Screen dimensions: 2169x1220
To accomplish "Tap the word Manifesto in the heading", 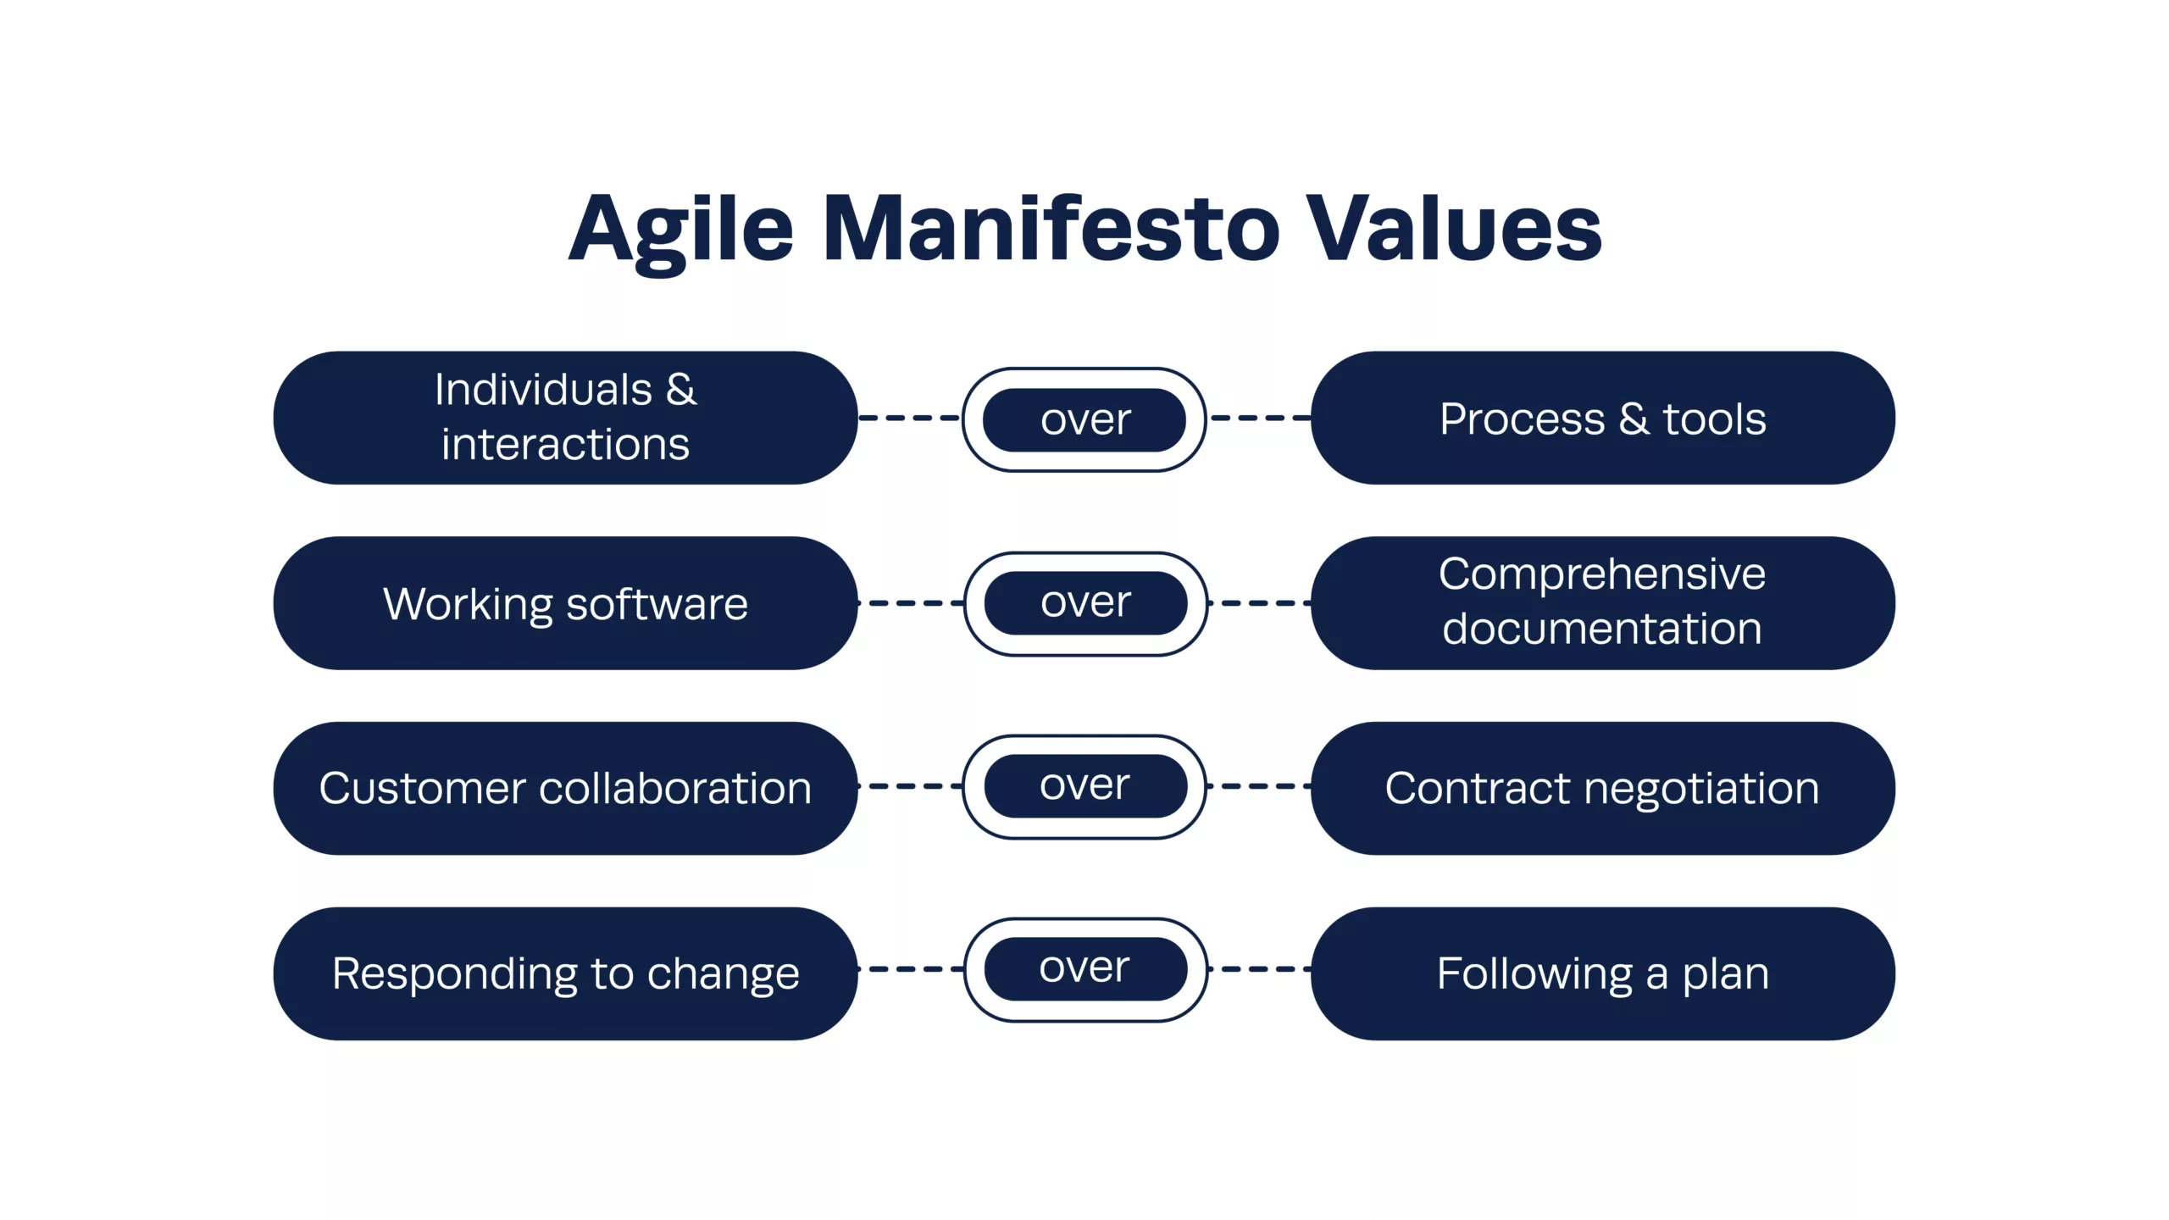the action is pos(1051,227).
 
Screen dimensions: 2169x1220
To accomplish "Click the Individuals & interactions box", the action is pos(565,418).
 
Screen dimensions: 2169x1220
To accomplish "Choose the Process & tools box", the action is pos(1603,418).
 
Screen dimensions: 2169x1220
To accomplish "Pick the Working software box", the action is pos(565,603).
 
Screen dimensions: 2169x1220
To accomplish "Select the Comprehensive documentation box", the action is pos(1603,603).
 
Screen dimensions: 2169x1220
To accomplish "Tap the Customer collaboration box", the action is pos(565,788).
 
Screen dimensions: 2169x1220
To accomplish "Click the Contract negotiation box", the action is pos(1603,788).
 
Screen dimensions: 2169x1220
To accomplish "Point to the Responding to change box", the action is pos(565,973).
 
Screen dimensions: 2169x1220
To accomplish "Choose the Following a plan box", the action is pos(1603,973).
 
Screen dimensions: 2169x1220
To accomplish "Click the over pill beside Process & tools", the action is pos(1084,419).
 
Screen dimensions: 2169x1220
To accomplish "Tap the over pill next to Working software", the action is pos(1085,603).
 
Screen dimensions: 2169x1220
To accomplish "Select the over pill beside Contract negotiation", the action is pos(1084,786).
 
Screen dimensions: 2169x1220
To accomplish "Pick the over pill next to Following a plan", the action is pos(1085,969).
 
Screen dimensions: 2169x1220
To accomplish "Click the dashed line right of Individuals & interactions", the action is pos(910,418).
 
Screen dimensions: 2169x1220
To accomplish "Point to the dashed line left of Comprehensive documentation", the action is pos(1260,603).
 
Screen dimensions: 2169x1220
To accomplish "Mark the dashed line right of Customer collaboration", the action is pos(910,786).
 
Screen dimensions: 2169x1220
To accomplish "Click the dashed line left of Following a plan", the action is pos(1260,969).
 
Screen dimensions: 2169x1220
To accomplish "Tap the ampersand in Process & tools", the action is pos(1634,419).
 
